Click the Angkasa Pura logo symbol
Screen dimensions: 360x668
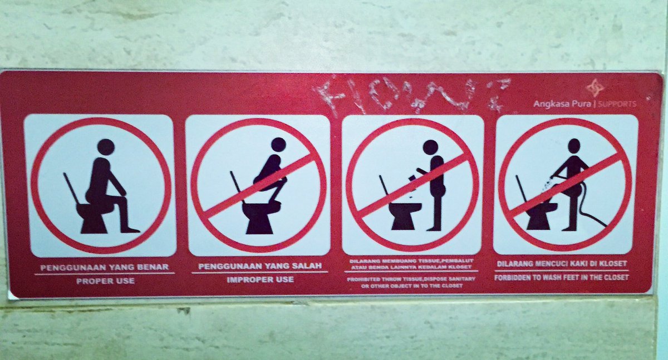[x=595, y=88]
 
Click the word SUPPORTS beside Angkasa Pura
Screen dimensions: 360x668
[x=618, y=103]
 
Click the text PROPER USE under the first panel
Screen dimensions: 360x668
[x=105, y=281]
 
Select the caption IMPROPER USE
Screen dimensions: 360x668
[x=260, y=279]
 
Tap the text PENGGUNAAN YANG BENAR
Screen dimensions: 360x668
[x=105, y=267]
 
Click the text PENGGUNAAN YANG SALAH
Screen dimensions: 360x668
[x=260, y=267]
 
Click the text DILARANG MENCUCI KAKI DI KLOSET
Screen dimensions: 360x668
[x=562, y=263]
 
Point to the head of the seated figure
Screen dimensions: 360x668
[x=105, y=147]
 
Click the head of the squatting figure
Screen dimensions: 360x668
[x=278, y=145]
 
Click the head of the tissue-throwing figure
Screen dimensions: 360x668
[x=430, y=147]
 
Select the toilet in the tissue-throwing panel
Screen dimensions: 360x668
[x=405, y=214]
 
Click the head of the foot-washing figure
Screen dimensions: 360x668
[x=573, y=145]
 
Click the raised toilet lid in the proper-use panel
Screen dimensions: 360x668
[x=72, y=188]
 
